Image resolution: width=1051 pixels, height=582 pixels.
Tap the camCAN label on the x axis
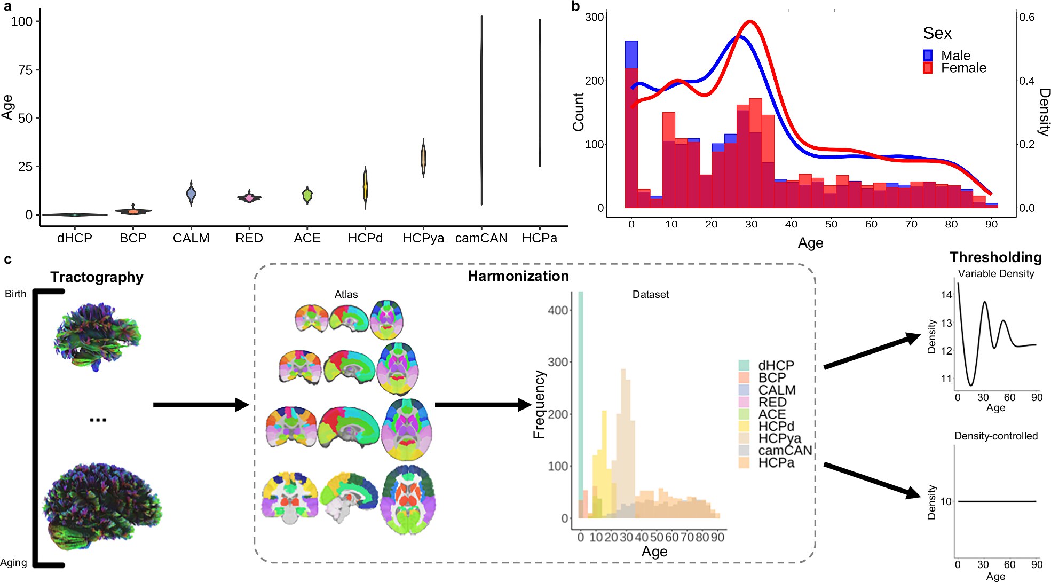(x=481, y=238)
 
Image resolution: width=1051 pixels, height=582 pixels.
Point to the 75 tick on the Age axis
(x=25, y=70)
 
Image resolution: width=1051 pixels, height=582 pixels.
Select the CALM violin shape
(x=191, y=193)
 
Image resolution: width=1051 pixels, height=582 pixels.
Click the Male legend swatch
(x=928, y=56)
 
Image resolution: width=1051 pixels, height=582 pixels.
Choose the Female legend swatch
(x=928, y=68)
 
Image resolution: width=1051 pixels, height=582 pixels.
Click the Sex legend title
(x=937, y=34)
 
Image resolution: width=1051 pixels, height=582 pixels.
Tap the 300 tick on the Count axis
(x=594, y=17)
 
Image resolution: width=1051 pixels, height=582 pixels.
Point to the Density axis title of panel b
(x=1044, y=112)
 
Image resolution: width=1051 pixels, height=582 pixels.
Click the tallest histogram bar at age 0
(x=631, y=123)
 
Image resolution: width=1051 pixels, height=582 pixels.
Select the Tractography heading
(x=97, y=277)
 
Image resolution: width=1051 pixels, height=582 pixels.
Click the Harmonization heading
(x=518, y=276)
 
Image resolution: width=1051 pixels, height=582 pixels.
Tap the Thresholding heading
(x=995, y=257)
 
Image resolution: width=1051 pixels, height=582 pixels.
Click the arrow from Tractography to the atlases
(x=201, y=405)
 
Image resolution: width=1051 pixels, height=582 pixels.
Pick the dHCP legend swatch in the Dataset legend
(x=744, y=365)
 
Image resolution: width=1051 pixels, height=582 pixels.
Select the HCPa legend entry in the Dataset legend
(x=776, y=463)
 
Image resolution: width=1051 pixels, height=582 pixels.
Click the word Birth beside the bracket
(x=15, y=294)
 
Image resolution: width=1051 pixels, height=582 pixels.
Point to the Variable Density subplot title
(x=995, y=274)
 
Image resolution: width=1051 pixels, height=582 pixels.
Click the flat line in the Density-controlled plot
(x=997, y=501)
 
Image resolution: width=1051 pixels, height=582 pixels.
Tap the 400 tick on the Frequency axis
(x=558, y=310)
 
